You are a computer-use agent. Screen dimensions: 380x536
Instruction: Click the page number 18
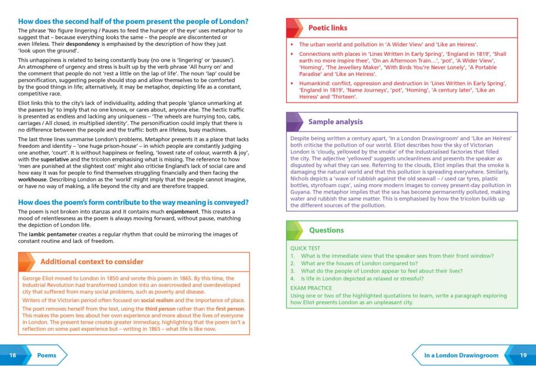tap(12, 355)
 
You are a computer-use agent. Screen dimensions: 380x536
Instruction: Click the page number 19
tap(523, 355)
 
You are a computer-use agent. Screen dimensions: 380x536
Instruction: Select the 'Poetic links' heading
tap(327, 28)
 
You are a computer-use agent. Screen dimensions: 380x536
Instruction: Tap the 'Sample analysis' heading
tap(335, 122)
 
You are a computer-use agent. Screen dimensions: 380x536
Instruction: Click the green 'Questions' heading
tap(326, 230)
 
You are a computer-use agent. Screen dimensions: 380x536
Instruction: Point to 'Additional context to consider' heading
tap(91, 262)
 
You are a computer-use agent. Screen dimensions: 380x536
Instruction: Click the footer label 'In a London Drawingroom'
tap(461, 355)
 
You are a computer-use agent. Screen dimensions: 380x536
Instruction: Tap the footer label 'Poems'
tap(47, 355)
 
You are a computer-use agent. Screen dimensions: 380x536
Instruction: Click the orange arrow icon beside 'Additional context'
tap(28, 262)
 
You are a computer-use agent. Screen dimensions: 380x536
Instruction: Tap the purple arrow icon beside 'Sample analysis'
tap(296, 122)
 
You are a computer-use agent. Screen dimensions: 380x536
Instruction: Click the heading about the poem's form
tap(133, 202)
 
